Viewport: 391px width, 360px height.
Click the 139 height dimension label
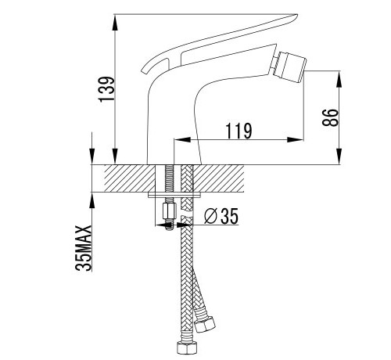[106, 88]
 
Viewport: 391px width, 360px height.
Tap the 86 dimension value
[330, 117]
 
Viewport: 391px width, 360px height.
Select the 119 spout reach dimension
[239, 131]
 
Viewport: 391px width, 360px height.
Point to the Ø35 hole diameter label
[221, 216]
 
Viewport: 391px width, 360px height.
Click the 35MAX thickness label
[84, 248]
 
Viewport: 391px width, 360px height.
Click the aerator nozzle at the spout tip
[288, 67]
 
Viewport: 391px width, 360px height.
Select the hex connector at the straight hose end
[187, 347]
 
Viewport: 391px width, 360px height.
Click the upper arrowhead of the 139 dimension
[115, 23]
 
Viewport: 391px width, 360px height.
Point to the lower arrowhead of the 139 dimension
[115, 156]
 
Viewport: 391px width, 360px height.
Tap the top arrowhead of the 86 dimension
[339, 79]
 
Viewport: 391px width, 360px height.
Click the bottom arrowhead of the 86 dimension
[339, 156]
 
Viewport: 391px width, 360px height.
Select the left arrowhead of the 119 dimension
[182, 139]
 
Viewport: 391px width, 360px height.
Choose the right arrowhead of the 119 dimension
[296, 139]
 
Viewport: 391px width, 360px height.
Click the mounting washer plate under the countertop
[174, 195]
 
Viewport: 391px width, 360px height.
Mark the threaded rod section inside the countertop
[169, 178]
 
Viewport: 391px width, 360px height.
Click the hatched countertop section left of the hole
[130, 178]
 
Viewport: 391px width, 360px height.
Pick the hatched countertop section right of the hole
[218, 178]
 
